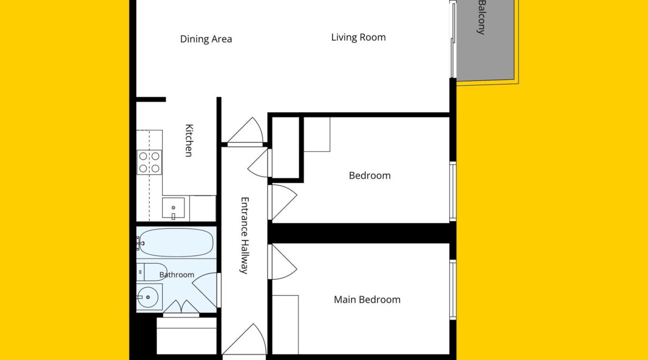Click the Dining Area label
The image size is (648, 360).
coord(206,39)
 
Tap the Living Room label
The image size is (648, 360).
coord(358,37)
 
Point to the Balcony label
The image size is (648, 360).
coord(481,17)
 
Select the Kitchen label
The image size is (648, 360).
coord(189,141)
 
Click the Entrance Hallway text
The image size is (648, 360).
coord(245,235)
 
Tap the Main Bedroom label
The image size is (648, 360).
coord(367,300)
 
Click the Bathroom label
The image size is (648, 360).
coord(177,275)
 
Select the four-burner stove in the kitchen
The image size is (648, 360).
coord(149,162)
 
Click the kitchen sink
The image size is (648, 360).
coord(173,208)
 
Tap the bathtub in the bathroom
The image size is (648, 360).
coord(177,243)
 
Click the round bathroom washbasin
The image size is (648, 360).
coord(147,297)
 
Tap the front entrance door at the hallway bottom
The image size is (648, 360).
coord(244,340)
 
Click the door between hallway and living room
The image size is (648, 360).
coord(245,131)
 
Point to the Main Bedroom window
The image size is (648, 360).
coord(453,290)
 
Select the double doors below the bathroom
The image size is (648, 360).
coord(181,308)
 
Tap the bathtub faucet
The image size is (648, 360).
coord(140,244)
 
